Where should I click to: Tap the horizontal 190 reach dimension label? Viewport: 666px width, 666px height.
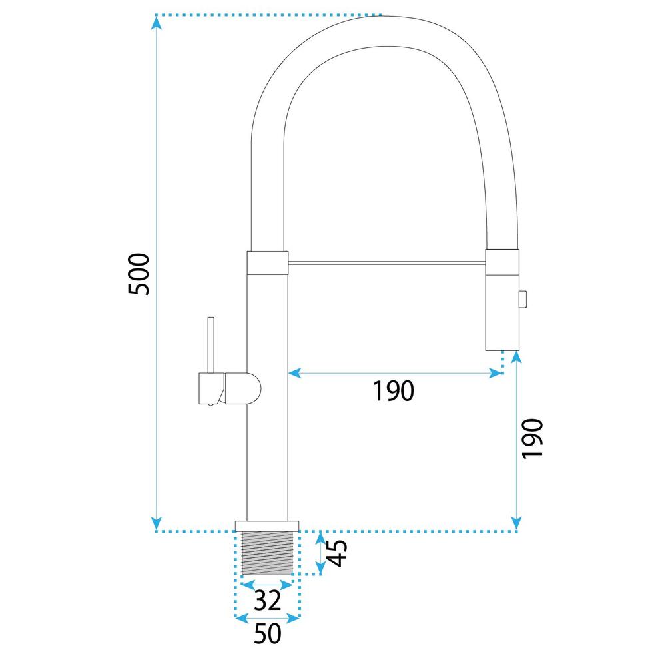pyautogui.click(x=393, y=392)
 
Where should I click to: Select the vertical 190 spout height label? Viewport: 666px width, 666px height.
pyautogui.click(x=533, y=438)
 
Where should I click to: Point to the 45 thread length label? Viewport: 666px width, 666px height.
pyautogui.click(x=338, y=552)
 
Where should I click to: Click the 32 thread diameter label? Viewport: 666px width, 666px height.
pyautogui.click(x=267, y=601)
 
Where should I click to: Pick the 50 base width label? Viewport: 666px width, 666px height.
pyautogui.click(x=267, y=634)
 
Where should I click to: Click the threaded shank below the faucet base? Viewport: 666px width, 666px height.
pyautogui.click(x=267, y=553)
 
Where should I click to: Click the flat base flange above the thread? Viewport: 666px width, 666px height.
pyautogui.click(x=267, y=525)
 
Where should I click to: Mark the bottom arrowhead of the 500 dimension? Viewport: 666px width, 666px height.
pyautogui.click(x=157, y=522)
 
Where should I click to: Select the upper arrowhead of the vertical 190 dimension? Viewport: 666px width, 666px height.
pyautogui.click(x=517, y=357)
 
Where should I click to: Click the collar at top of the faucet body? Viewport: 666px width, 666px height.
pyautogui.click(x=268, y=262)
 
